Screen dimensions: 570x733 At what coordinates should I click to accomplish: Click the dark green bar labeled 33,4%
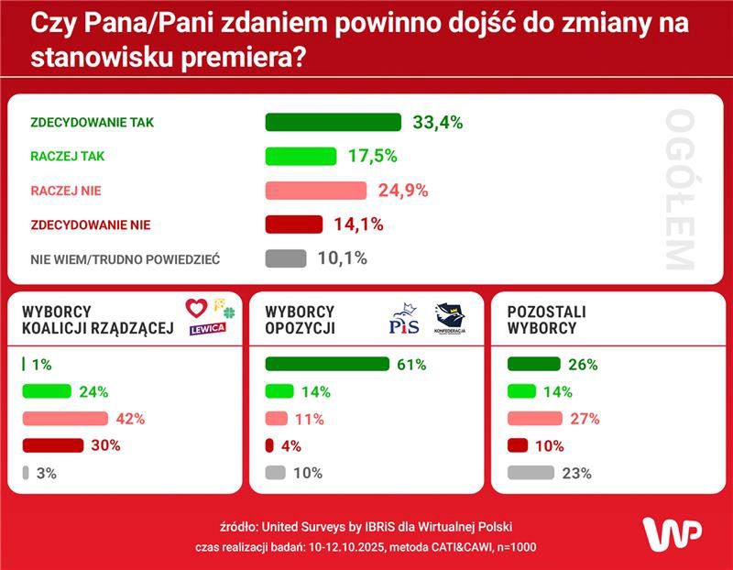pos(333,123)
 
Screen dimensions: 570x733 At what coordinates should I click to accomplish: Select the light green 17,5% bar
pos(301,157)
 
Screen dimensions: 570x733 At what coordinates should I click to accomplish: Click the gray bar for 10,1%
pos(286,258)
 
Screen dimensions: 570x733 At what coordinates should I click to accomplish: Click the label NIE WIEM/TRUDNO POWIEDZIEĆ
pos(126,259)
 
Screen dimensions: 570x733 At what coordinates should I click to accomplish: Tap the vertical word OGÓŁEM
pos(680,190)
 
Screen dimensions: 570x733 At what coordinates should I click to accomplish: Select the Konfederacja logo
pos(450,318)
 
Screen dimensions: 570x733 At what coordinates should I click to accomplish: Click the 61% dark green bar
pos(326,364)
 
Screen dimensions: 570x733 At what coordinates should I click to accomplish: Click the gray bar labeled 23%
pos(531,474)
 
